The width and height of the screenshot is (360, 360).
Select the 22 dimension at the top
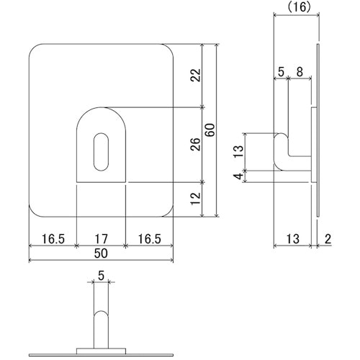click(196, 76)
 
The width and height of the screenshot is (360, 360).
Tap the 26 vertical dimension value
click(196, 144)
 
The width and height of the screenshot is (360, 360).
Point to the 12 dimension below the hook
click(196, 198)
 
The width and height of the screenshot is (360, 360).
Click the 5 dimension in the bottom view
click(101, 274)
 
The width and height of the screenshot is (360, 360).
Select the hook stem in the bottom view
click(101, 317)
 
